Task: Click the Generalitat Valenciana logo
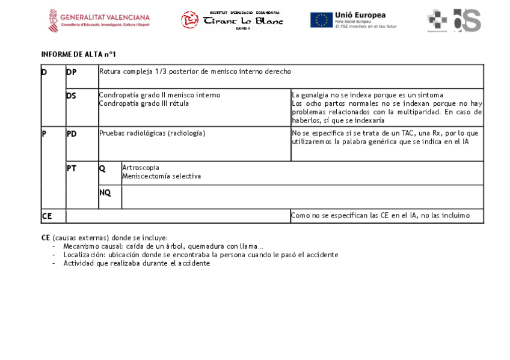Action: coord(99,20)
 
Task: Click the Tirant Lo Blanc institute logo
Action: coord(232,20)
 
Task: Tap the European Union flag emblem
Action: coord(321,20)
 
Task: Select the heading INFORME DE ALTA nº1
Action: coord(78,55)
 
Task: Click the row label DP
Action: coord(71,72)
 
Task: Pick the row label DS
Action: coord(71,96)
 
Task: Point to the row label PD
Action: coord(71,133)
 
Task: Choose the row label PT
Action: coord(71,169)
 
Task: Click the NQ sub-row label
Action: coord(105,193)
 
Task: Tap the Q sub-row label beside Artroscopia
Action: coord(102,169)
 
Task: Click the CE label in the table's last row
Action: coord(46,216)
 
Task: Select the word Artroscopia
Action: coord(141,168)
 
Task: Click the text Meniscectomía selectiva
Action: coord(161,176)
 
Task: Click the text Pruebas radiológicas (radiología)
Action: coord(152,133)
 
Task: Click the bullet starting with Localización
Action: coord(200,255)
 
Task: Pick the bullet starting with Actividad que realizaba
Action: coord(137,263)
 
